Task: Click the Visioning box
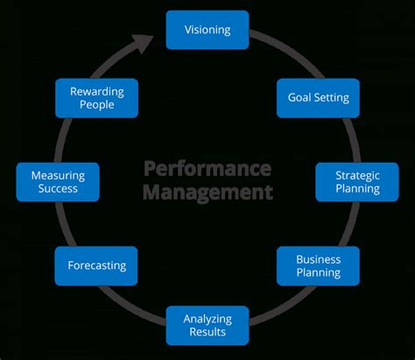click(x=207, y=30)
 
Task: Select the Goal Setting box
click(x=318, y=97)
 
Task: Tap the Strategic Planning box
click(x=356, y=181)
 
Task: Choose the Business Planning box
click(x=318, y=266)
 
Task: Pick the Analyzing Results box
click(x=207, y=325)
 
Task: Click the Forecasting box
click(x=96, y=265)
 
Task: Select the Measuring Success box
click(x=58, y=181)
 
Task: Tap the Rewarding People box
click(x=96, y=97)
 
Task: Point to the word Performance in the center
click(x=207, y=167)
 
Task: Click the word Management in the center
click(x=207, y=192)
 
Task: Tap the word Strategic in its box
click(x=357, y=175)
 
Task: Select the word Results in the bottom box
click(x=207, y=332)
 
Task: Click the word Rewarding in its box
click(x=97, y=91)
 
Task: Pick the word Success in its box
click(x=58, y=188)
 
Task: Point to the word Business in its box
click(x=318, y=259)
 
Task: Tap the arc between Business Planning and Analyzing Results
click(x=282, y=307)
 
